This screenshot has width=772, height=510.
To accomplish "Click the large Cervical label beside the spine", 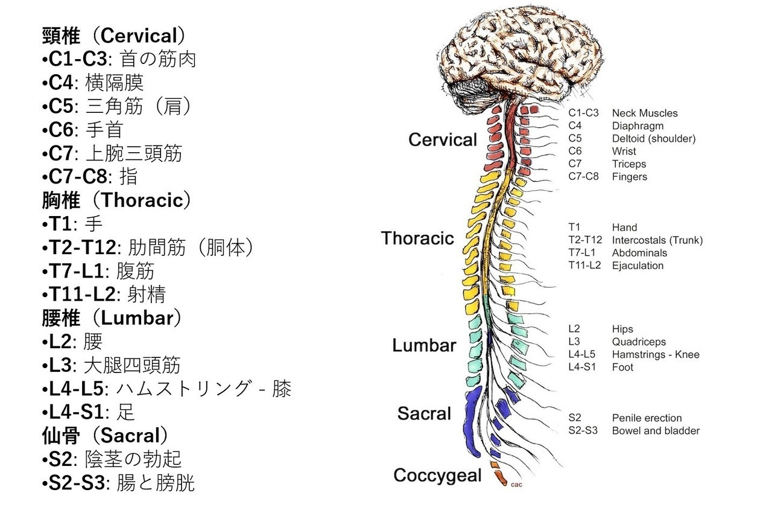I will click(443, 140).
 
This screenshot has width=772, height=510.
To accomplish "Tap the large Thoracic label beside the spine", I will click(417, 238).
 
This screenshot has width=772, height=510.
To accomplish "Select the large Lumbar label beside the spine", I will click(424, 346).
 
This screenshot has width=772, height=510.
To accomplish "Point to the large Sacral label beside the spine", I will click(424, 414).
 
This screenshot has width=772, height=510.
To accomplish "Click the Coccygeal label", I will click(437, 476).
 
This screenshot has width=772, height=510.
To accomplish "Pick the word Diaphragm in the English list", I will click(638, 126).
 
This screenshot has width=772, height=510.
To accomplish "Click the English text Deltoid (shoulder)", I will click(654, 139).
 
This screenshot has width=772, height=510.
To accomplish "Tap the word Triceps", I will click(628, 164).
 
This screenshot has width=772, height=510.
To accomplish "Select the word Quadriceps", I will click(639, 342).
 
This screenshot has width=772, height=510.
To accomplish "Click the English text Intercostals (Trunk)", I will click(657, 240).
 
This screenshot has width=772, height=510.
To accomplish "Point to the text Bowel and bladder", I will click(656, 431).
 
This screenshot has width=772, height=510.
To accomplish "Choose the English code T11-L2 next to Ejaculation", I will click(584, 266).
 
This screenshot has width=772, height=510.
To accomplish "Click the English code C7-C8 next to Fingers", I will click(583, 177).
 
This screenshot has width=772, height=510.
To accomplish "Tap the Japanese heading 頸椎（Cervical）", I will click(113, 36).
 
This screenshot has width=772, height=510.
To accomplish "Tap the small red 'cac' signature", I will click(516, 484).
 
